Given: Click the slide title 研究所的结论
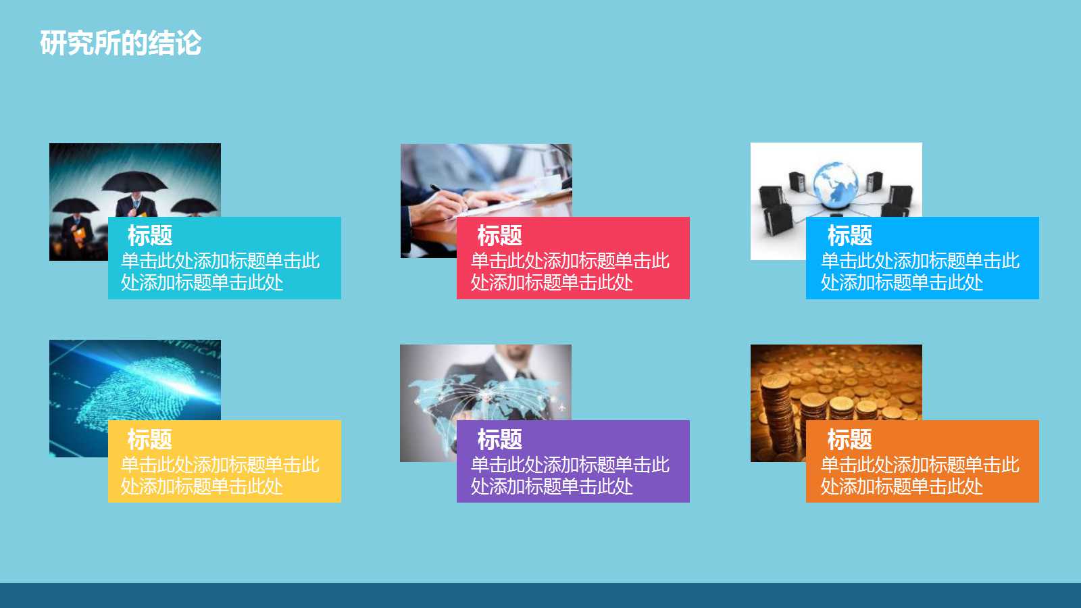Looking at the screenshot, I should point(120,43).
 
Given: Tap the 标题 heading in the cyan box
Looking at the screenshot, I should point(150,236).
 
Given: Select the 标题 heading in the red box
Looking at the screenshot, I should point(499,236).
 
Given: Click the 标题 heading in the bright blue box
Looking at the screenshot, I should point(849,236).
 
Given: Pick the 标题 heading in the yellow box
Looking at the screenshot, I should point(150,440).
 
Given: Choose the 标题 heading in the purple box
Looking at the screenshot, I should point(499,440).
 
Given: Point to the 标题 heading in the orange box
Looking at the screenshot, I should point(849,440).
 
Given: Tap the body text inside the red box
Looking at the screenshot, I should point(570,272).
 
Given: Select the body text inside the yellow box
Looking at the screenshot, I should point(220,476).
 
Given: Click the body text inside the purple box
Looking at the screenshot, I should point(570,476).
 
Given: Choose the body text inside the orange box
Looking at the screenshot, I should point(920,476).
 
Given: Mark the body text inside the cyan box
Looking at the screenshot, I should point(220,272).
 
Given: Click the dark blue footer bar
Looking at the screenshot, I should point(540,595).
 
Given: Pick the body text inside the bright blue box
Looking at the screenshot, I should point(920,272).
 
